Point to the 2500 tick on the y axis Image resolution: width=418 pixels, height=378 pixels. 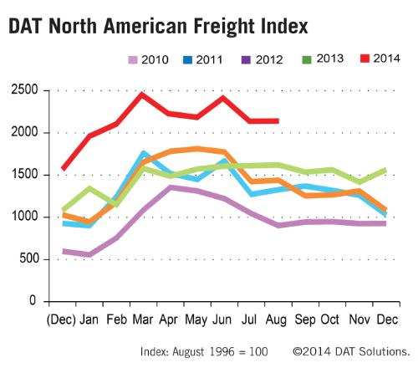coord(24,89)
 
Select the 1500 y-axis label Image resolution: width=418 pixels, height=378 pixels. coord(24,174)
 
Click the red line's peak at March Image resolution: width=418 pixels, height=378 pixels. coord(142,94)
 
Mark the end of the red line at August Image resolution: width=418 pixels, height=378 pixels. coord(278,121)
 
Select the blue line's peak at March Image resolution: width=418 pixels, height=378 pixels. coord(144,154)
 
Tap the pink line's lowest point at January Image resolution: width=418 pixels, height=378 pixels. coord(89,254)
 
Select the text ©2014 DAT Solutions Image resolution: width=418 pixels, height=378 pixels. coord(351,352)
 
